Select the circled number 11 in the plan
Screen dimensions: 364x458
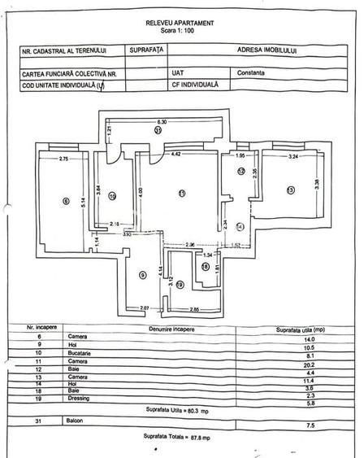(182, 193)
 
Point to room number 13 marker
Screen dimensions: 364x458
(289, 190)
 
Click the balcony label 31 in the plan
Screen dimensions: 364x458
(158, 129)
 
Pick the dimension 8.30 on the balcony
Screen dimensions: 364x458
(162, 121)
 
